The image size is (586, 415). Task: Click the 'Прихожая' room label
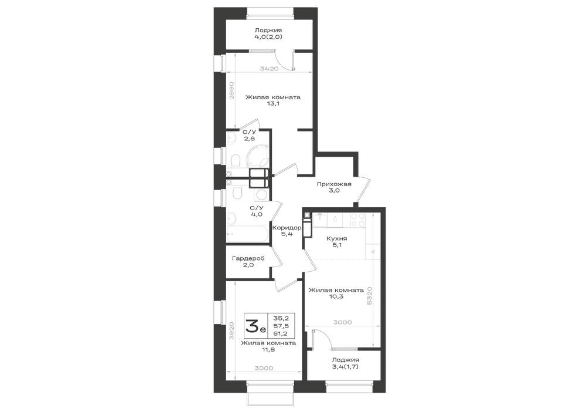334,184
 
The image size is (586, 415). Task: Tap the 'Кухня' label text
336,238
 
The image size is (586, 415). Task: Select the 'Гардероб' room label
248,259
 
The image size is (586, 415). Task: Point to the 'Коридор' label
287,228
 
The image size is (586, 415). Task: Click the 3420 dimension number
269,69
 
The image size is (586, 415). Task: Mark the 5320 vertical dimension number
369,296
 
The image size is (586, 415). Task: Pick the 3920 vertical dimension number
231,330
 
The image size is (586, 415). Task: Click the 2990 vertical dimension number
231,90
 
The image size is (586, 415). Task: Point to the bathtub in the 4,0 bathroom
248,234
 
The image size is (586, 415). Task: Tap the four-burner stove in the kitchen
357,220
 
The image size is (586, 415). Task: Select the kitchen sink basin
320,220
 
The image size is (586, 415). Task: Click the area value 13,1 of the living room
272,104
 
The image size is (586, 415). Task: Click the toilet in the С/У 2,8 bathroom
236,161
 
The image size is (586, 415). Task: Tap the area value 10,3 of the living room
336,296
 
